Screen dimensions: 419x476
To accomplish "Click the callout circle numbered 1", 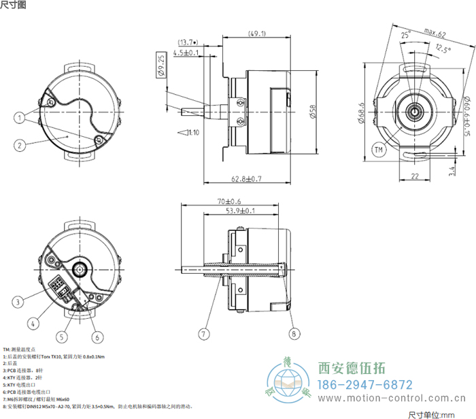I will pyautogui.click(x=20, y=117).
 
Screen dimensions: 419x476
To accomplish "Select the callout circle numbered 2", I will pyautogui.click(x=20, y=144).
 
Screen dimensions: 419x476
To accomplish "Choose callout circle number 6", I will pyautogui.click(x=97, y=337).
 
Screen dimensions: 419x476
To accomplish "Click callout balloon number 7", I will pyautogui.click(x=203, y=334).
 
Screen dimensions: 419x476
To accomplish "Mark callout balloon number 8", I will pyautogui.click(x=293, y=334).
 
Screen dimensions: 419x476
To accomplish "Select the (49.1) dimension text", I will pyautogui.click(x=256, y=33).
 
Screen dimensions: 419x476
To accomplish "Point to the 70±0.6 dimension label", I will pyautogui.click(x=231, y=202).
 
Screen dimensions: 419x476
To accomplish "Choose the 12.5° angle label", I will pyautogui.click(x=443, y=48).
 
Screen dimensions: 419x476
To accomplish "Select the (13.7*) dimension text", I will pyautogui.click(x=188, y=42).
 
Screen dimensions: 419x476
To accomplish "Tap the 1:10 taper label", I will pyautogui.click(x=192, y=132).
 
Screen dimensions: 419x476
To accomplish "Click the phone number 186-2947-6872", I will pyautogui.click(x=366, y=384).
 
